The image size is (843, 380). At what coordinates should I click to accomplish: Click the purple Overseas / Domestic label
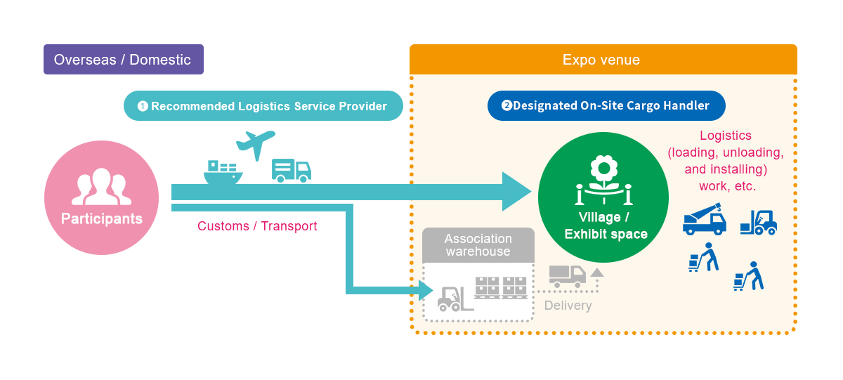pyautogui.click(x=123, y=60)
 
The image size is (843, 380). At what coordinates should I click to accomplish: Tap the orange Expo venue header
pyautogui.click(x=603, y=60)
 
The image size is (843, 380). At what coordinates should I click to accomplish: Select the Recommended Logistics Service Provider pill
pyautogui.click(x=263, y=106)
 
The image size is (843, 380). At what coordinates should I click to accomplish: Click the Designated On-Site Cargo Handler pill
pyautogui.click(x=606, y=106)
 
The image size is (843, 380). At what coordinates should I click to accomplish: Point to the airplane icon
pyautogui.click(x=255, y=145)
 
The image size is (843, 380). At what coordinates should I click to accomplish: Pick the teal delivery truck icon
pyautogui.click(x=291, y=171)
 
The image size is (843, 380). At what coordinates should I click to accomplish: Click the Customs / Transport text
pyautogui.click(x=257, y=226)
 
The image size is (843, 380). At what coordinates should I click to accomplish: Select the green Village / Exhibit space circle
pyautogui.click(x=603, y=197)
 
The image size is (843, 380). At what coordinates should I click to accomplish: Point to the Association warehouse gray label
pyautogui.click(x=478, y=245)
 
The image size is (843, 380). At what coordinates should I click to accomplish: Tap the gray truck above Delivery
pyautogui.click(x=567, y=276)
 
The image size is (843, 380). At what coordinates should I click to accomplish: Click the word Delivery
pyautogui.click(x=568, y=306)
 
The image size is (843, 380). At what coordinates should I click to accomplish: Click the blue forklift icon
pyautogui.click(x=759, y=223)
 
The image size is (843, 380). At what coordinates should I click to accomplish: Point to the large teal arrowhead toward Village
pyautogui.click(x=516, y=191)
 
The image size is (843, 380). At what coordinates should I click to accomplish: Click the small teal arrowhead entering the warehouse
pyautogui.click(x=424, y=289)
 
